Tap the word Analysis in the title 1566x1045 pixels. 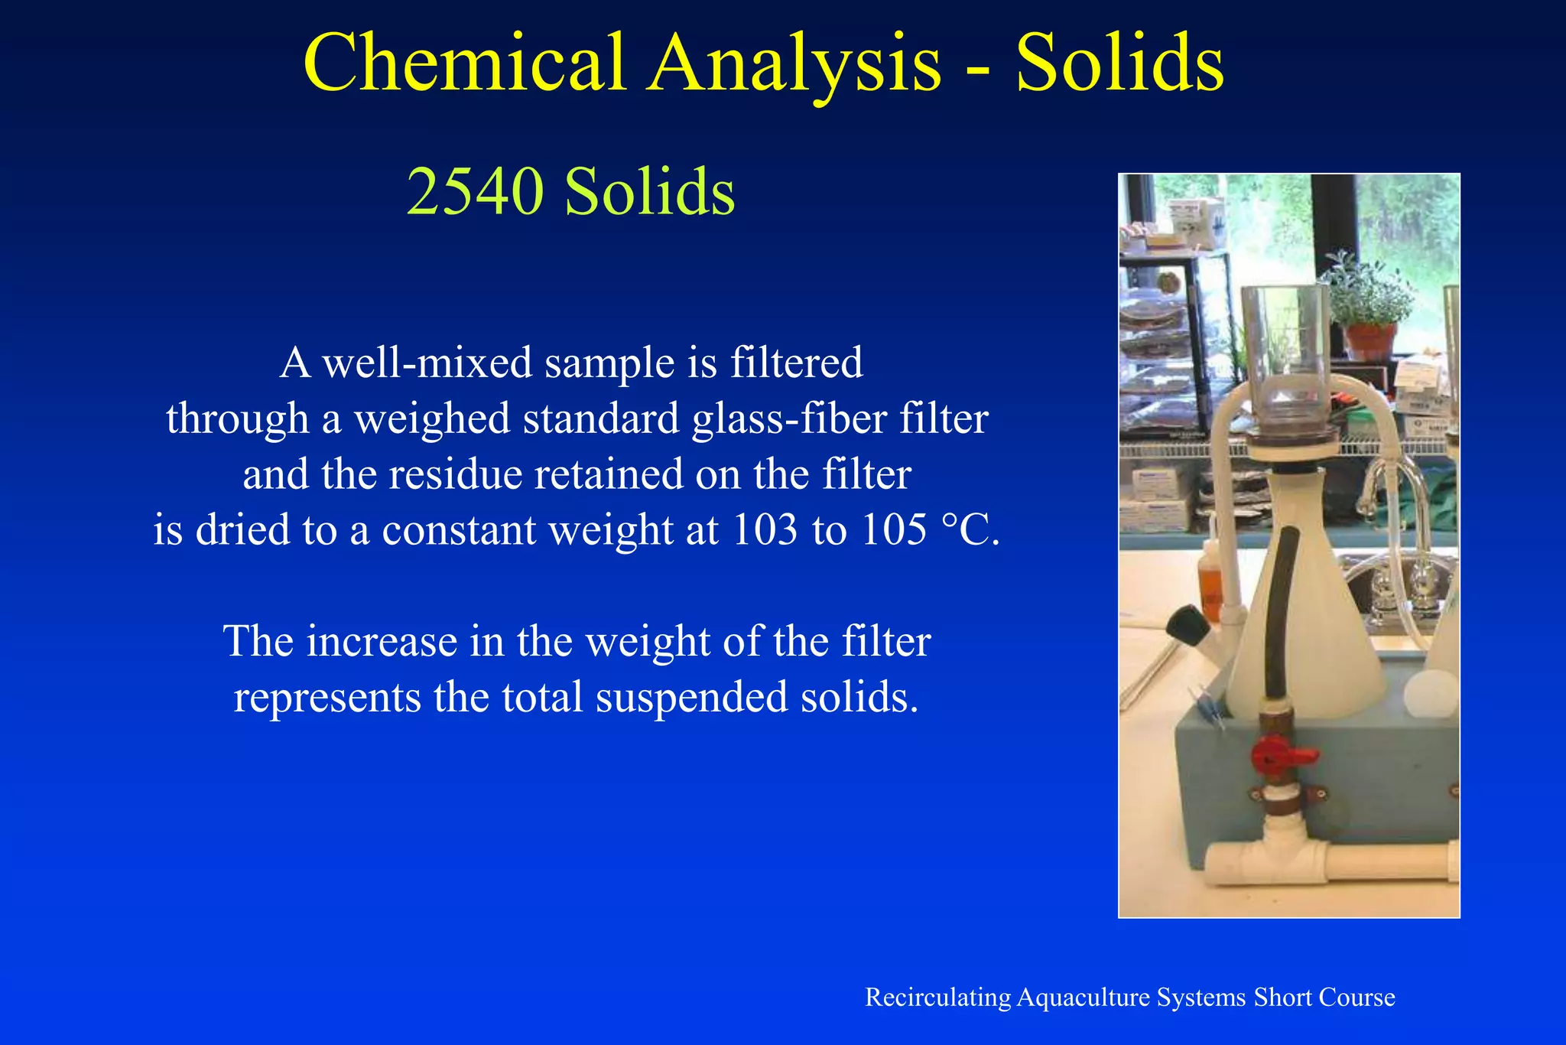pos(795,63)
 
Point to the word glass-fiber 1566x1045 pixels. pos(788,419)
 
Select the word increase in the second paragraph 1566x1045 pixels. pos(382,641)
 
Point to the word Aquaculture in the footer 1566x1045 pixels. pos(1084,998)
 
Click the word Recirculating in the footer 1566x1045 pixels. pos(937,998)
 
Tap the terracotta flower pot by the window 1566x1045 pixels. pos(1370,341)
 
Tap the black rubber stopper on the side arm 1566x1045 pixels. pos(1187,623)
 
